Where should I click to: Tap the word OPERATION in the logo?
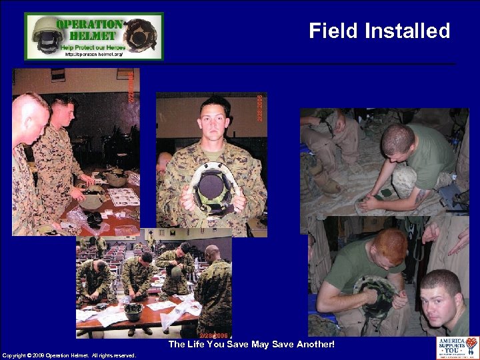89,23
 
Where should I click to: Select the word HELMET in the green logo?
89,35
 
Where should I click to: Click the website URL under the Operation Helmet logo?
93,54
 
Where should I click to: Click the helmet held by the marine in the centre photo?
213,188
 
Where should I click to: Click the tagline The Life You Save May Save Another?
251,345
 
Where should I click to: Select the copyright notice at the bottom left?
69,355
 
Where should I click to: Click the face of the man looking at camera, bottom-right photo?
440,297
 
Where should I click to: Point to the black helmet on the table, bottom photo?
133,311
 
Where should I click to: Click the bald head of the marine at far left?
28,113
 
